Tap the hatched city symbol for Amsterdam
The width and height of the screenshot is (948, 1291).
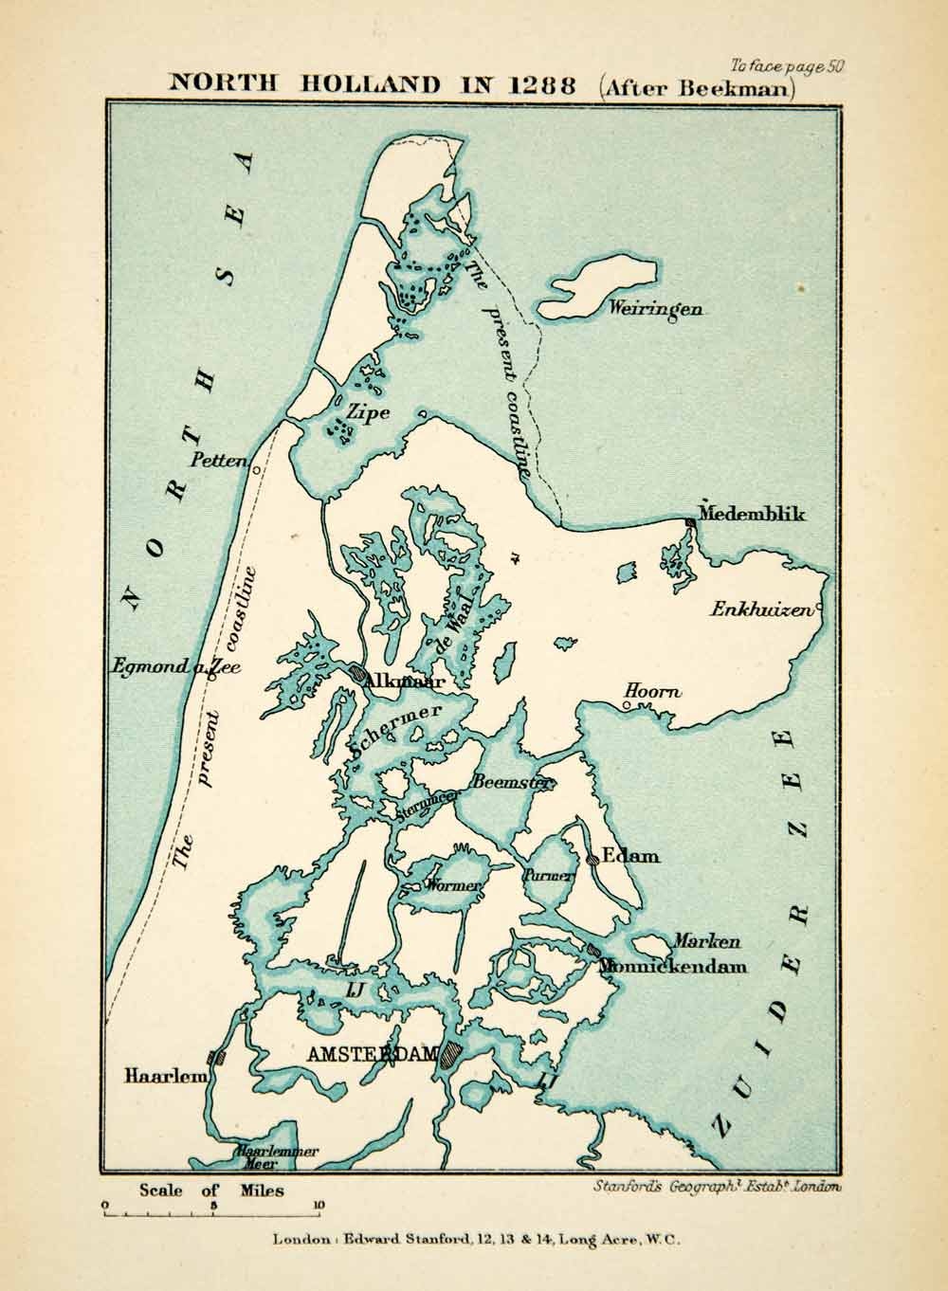[x=450, y=1054]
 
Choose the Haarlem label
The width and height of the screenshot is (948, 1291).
[x=165, y=1076]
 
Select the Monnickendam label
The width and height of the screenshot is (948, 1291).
[x=673, y=967]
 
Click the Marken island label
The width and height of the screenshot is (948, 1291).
[x=706, y=942]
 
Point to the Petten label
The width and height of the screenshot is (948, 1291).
[x=219, y=462]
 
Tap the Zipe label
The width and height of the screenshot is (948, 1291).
[x=368, y=412]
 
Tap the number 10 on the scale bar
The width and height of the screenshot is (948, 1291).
[x=319, y=1207]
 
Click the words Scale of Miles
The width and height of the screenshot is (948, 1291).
[x=211, y=1191]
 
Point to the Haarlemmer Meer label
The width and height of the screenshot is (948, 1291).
[x=277, y=1157]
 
